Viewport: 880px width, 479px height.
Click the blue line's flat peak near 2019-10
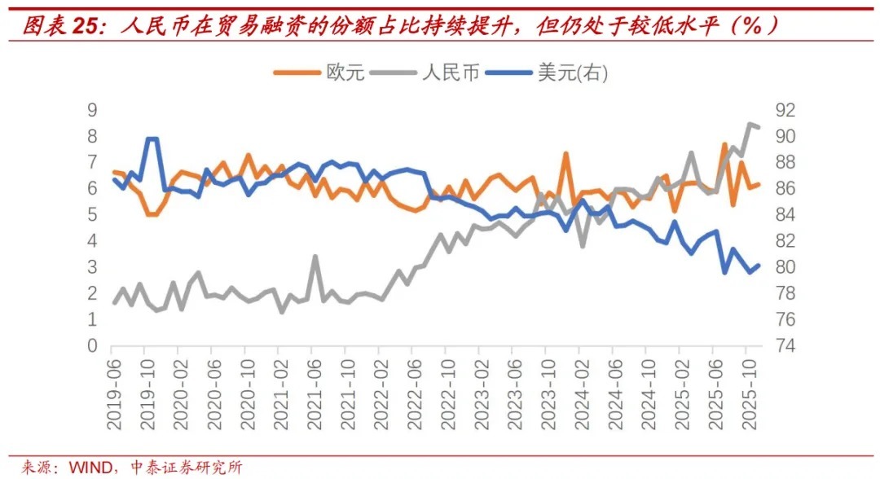pyautogui.click(x=151, y=139)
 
